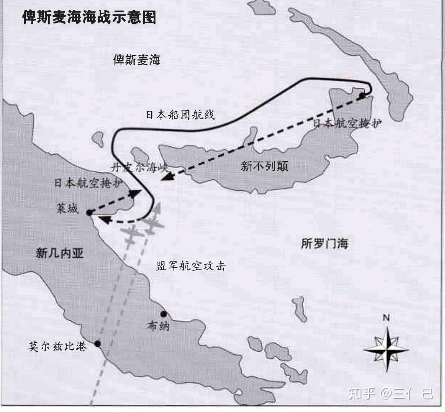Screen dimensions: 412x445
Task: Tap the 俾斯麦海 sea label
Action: coord(137,60)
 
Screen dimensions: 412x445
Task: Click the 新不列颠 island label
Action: coord(264,166)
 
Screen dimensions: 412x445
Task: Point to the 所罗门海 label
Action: coord(324,244)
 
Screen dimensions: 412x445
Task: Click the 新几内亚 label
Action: coord(59,254)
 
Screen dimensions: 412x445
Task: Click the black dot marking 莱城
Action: coord(89,213)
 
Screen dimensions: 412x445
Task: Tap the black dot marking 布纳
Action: coord(163,314)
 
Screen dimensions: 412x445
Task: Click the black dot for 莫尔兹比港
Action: coord(98,344)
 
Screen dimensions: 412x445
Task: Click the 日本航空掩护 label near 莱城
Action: coord(89,183)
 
